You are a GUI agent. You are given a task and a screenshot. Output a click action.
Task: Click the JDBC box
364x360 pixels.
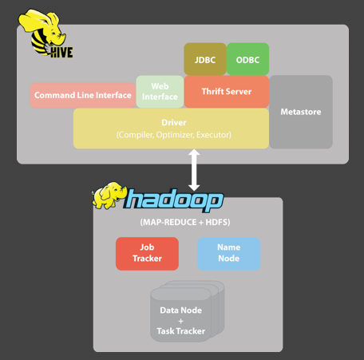pos(205,59)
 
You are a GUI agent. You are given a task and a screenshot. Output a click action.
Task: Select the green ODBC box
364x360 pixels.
pos(247,59)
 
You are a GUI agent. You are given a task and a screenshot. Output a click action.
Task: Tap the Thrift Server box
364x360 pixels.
pos(227,92)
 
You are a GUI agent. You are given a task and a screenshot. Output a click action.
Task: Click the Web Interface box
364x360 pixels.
pos(160,92)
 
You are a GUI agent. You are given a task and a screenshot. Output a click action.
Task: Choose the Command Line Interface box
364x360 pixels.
pos(83,95)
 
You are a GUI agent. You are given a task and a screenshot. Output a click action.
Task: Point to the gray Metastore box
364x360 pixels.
pos(301,112)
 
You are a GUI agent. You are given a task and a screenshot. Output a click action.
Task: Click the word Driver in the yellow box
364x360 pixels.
pos(174,123)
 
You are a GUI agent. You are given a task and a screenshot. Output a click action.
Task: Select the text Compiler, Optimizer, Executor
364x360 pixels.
pos(174,135)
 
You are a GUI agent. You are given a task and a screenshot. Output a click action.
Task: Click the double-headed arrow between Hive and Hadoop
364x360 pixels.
pos(194,170)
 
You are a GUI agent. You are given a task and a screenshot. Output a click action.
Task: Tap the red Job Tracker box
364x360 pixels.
pos(147,254)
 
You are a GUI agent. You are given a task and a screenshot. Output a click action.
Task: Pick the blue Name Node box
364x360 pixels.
pos(229,254)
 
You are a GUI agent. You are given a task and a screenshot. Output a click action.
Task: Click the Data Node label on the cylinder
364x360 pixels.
pos(181,311)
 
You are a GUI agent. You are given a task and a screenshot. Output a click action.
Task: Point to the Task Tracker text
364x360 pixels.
pos(181,331)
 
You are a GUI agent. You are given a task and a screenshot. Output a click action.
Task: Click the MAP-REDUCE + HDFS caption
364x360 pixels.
pos(185,222)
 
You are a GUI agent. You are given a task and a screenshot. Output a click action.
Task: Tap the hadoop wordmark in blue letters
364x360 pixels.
pos(173,200)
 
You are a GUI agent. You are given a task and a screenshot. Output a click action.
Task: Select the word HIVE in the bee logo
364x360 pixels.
pos(61,53)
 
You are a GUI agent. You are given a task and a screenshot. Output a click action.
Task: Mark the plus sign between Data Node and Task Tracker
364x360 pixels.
pos(181,321)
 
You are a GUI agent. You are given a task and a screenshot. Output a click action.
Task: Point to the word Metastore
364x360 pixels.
pos(301,112)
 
